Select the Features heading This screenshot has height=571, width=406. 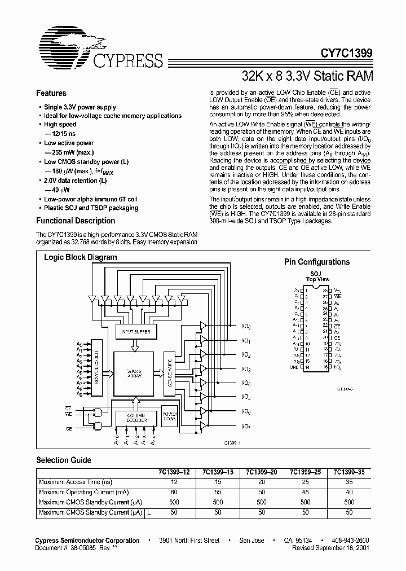tap(51, 94)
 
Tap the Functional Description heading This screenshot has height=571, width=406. tap(76, 221)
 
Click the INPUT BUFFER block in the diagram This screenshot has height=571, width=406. tap(136, 332)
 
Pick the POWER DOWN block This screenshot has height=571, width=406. tap(170, 415)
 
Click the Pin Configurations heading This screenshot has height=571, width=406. tap(316, 262)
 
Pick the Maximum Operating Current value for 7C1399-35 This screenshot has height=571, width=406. tap(350, 492)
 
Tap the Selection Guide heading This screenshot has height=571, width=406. tap(64, 460)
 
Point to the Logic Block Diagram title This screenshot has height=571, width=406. tap(81, 257)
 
